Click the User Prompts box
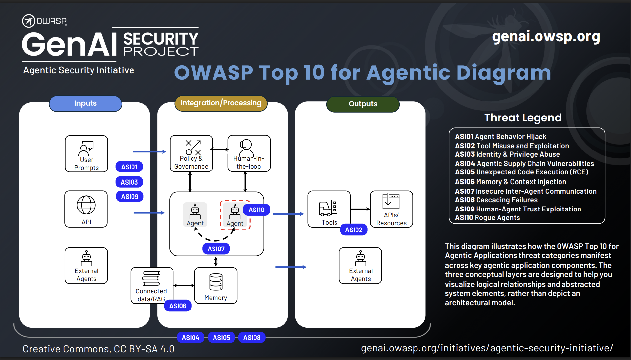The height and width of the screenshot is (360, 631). pos(86,154)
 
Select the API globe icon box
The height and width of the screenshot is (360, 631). pos(86,209)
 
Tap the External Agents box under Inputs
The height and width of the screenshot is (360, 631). pos(86,265)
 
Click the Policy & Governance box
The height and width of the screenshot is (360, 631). pos(191,153)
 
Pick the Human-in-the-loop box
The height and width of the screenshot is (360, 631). pos(249,153)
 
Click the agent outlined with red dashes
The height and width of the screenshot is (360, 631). pos(234,215)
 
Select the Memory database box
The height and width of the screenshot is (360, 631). pos(216,285)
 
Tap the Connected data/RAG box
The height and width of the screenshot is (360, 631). pos(152,285)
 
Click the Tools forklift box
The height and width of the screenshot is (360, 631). pos(329,209)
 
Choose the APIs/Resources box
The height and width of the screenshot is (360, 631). pos(391,209)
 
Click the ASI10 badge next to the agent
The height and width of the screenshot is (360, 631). pos(256,210)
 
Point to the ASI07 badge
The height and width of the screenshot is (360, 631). pos(216,249)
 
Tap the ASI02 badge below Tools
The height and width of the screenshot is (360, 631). pos(354,230)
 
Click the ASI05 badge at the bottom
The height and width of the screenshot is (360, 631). pos(221,338)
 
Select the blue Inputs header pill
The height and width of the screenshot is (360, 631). pos(85,104)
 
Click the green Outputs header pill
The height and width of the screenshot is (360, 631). pos(363,104)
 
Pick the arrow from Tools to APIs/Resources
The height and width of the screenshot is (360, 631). pos(360,209)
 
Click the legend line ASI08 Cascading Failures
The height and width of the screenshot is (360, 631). pos(496,200)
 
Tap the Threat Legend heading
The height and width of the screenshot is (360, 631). pos(523,118)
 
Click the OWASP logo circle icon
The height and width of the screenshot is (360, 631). pos(29,21)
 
